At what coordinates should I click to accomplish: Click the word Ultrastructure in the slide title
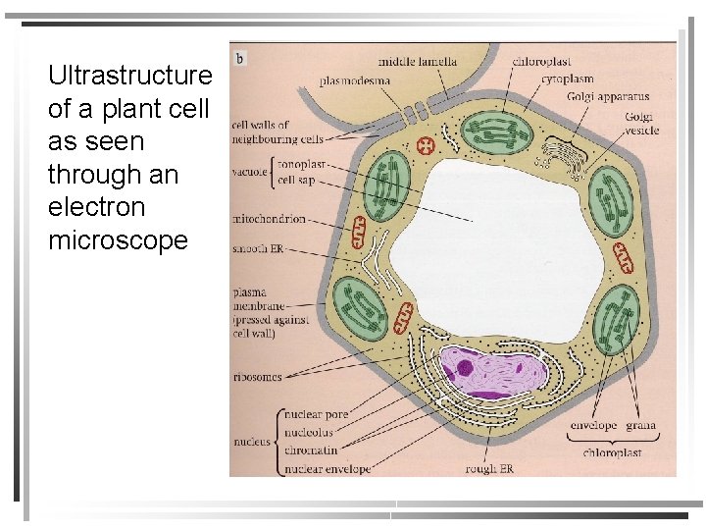tap(129, 76)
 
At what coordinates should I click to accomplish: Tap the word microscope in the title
tap(118, 240)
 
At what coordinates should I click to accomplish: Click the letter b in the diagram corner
tap(240, 58)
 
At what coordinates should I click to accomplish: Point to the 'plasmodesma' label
tap(356, 80)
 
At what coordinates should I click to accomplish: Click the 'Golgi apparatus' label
tap(608, 97)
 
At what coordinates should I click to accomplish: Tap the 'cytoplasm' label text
tap(568, 79)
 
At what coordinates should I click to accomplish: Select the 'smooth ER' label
tap(258, 250)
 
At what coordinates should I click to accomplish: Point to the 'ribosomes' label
tap(257, 376)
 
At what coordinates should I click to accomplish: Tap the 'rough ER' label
tap(489, 469)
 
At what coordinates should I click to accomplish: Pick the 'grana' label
tap(640, 426)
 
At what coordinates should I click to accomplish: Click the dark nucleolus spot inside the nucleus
tap(465, 369)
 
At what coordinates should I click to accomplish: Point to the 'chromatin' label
tap(310, 450)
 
